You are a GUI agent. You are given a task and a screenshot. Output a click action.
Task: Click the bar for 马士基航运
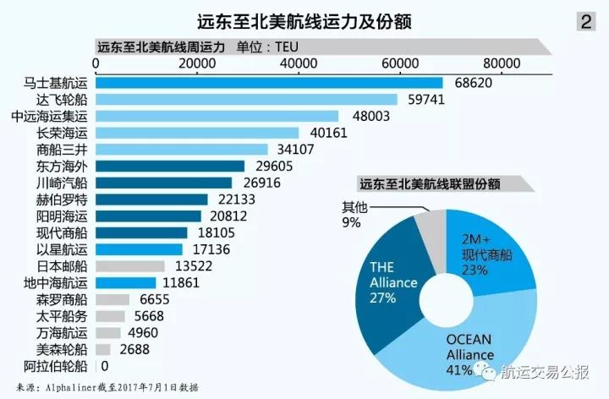pyautogui.click(x=269, y=83)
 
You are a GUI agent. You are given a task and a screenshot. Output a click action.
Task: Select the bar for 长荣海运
pyautogui.click(x=197, y=133)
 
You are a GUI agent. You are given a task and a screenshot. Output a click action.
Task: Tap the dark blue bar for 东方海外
pyautogui.click(x=170, y=167)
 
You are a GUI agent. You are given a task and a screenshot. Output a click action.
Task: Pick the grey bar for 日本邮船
pyautogui.click(x=130, y=266)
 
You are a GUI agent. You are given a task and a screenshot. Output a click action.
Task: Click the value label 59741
pyautogui.click(x=426, y=100)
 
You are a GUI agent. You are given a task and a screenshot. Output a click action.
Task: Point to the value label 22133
pyautogui.click(x=237, y=199)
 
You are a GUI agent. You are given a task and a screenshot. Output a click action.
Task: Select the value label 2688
pyautogui.click(x=134, y=350)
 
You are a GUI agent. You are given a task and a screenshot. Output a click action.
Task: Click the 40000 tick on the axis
pyautogui.click(x=299, y=63)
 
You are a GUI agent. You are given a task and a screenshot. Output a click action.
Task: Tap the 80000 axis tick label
pyautogui.click(x=502, y=63)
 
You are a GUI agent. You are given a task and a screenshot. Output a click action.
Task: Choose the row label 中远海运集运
pyautogui.click(x=50, y=117)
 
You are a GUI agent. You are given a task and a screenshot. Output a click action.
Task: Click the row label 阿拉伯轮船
pyautogui.click(x=56, y=366)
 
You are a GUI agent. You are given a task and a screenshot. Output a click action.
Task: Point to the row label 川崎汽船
pyautogui.click(x=62, y=183)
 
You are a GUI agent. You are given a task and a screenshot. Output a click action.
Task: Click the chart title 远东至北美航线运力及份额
pyautogui.click(x=304, y=22)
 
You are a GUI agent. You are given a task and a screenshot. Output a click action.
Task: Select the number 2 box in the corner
pyautogui.click(x=586, y=22)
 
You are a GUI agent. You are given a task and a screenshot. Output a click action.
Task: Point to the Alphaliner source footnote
pyautogui.click(x=107, y=387)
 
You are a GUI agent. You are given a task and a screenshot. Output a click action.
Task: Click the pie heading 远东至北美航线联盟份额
pyautogui.click(x=430, y=184)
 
